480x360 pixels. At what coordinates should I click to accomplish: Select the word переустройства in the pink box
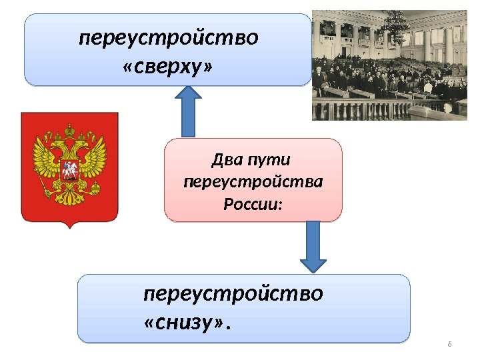pyautogui.click(x=253, y=181)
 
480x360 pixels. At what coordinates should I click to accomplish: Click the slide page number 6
pyautogui.click(x=449, y=344)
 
